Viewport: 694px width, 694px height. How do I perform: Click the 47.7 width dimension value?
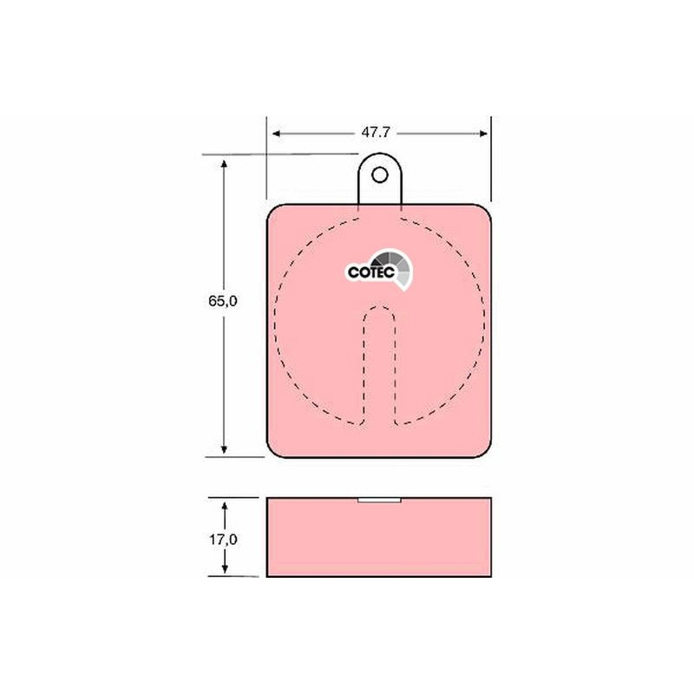[376, 133]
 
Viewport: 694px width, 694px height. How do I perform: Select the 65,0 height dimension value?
[223, 301]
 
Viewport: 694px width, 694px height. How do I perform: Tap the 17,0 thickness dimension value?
[223, 540]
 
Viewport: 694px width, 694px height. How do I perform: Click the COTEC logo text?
[371, 272]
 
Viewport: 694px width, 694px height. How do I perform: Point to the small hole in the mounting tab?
[380, 175]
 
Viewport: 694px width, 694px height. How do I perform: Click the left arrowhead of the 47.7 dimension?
[277, 134]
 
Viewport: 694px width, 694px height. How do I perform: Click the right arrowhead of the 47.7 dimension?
[483, 134]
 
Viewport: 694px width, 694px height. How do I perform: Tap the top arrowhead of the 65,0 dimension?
[224, 165]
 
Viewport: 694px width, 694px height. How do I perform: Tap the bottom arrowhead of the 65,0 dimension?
[224, 448]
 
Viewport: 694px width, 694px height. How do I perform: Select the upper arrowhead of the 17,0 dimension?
[225, 507]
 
